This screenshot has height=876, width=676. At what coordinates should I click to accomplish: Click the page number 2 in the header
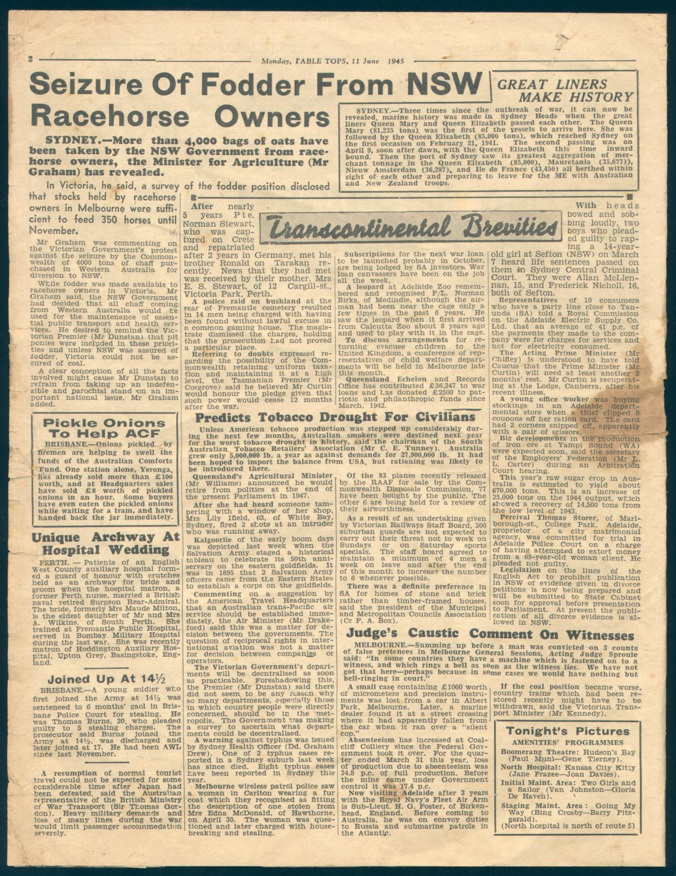[x=32, y=59]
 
